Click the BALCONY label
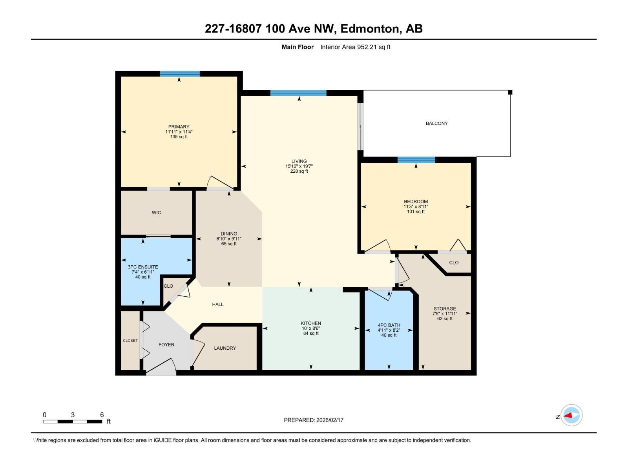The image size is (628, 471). pyautogui.click(x=436, y=123)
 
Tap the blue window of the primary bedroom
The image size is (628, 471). pyautogui.click(x=180, y=74)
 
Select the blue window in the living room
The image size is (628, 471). pyautogui.click(x=298, y=93)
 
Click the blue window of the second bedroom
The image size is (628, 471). pyautogui.click(x=416, y=160)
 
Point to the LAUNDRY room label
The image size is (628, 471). pyautogui.click(x=225, y=348)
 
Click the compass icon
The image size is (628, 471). pyautogui.click(x=571, y=415)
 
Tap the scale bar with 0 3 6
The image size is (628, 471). pyautogui.click(x=73, y=422)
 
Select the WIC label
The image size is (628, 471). pyautogui.click(x=156, y=213)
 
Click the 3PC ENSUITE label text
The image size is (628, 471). pyautogui.click(x=143, y=267)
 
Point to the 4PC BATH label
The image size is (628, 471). pyautogui.click(x=389, y=325)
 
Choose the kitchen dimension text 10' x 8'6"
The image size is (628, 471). pyautogui.click(x=311, y=329)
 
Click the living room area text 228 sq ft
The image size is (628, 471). pyautogui.click(x=299, y=171)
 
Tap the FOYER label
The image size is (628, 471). pyautogui.click(x=166, y=345)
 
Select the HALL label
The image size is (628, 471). pyautogui.click(x=218, y=304)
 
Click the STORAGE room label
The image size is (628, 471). pyautogui.click(x=445, y=309)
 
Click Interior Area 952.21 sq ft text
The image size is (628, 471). pyautogui.click(x=355, y=47)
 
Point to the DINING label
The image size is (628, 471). pyautogui.click(x=229, y=234)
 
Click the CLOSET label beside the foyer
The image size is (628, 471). pyautogui.click(x=130, y=341)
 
